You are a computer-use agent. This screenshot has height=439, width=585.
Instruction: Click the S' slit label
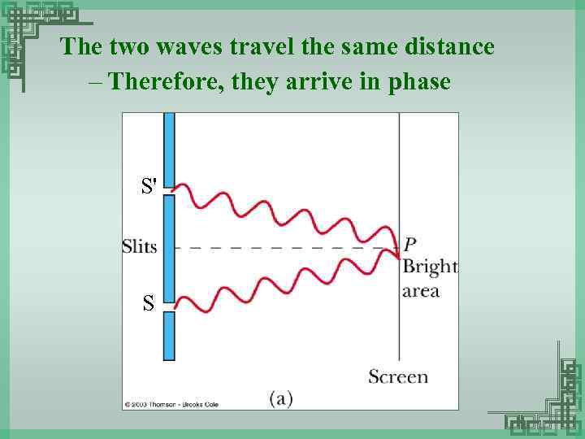coord(149,186)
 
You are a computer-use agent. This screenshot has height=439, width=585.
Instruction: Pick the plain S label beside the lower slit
coord(148,304)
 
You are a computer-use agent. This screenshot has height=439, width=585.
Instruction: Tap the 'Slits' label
coord(139,246)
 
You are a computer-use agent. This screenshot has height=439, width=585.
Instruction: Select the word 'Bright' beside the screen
coord(430,267)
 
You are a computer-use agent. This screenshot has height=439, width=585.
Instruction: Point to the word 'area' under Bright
coord(421,290)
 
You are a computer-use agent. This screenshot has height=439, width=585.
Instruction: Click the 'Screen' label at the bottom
coord(398,376)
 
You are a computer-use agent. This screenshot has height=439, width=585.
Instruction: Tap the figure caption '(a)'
coord(280,398)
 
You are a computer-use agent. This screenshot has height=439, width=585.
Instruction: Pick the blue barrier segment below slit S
coord(169,336)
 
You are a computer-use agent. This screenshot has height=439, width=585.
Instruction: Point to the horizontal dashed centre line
coord(284,247)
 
